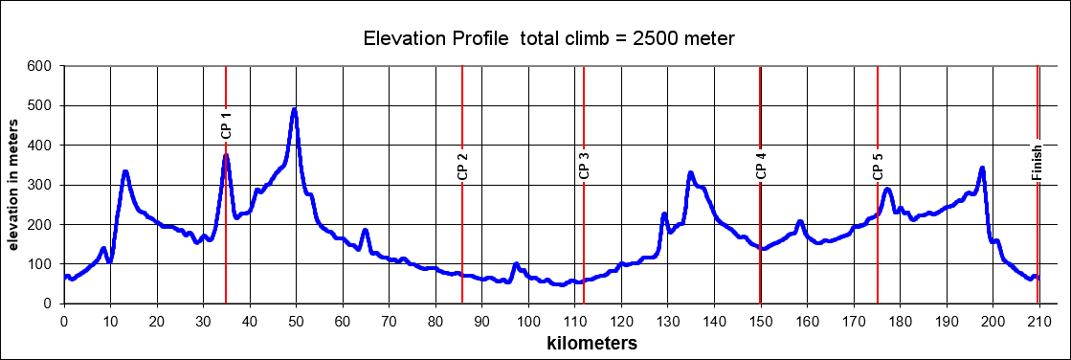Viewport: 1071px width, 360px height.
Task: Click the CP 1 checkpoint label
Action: point(226,126)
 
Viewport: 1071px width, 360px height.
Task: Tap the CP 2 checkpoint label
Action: point(462,167)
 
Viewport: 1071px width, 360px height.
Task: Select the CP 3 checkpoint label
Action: point(584,167)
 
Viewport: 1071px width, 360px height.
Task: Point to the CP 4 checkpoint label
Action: point(761,167)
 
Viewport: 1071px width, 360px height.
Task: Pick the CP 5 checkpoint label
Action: point(878,167)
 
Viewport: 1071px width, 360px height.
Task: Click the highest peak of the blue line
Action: point(295,109)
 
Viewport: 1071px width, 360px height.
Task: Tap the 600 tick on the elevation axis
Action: point(38,66)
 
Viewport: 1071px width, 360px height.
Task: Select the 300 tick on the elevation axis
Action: point(38,185)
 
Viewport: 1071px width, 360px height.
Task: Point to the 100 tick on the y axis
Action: point(38,264)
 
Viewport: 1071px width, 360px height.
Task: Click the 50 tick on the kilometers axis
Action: point(296,321)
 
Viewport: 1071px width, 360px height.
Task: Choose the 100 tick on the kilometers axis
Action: point(528,321)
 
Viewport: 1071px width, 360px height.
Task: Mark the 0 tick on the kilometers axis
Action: point(64,321)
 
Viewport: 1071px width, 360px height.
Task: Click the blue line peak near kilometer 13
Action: point(125,172)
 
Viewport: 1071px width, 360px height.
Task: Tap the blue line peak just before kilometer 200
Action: point(982,169)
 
